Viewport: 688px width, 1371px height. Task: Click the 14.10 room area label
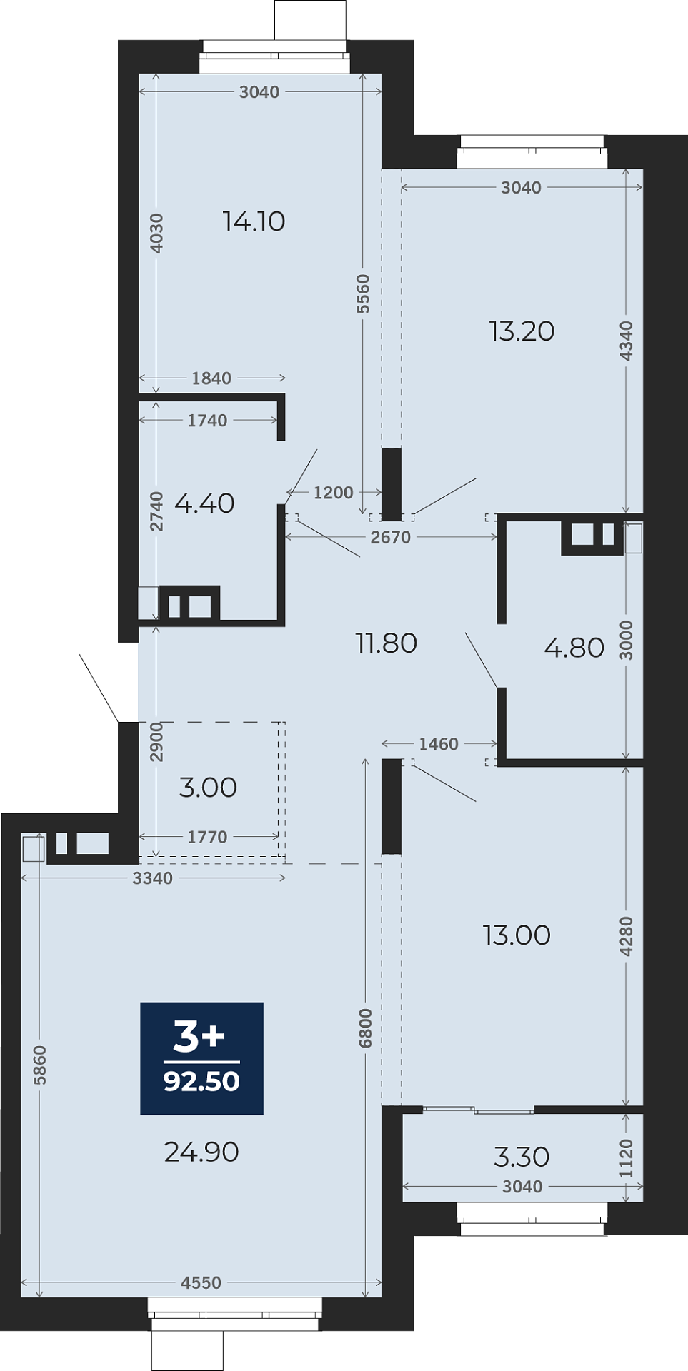254,221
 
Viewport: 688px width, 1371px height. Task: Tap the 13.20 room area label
522,331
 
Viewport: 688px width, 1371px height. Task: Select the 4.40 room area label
204,503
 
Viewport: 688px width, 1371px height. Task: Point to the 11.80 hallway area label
387,643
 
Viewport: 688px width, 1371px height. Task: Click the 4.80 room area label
574,648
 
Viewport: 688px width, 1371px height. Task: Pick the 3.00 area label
208,788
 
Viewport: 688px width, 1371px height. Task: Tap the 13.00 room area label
517,935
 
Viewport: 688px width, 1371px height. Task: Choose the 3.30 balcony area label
522,1157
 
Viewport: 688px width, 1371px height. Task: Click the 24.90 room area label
201,1152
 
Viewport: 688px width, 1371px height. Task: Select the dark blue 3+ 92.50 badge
202,1058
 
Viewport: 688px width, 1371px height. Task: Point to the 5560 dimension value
364,293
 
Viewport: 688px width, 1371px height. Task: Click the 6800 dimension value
366,1028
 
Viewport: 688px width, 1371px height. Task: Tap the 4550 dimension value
201,1283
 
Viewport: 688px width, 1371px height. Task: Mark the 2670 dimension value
391,537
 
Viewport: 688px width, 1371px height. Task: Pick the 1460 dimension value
439,744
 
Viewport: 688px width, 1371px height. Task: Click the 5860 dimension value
40,1065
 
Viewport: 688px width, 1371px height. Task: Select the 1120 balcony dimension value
627,1158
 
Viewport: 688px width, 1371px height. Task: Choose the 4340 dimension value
627,341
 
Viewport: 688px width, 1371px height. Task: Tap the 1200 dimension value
334,493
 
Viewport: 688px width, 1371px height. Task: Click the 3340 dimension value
153,878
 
